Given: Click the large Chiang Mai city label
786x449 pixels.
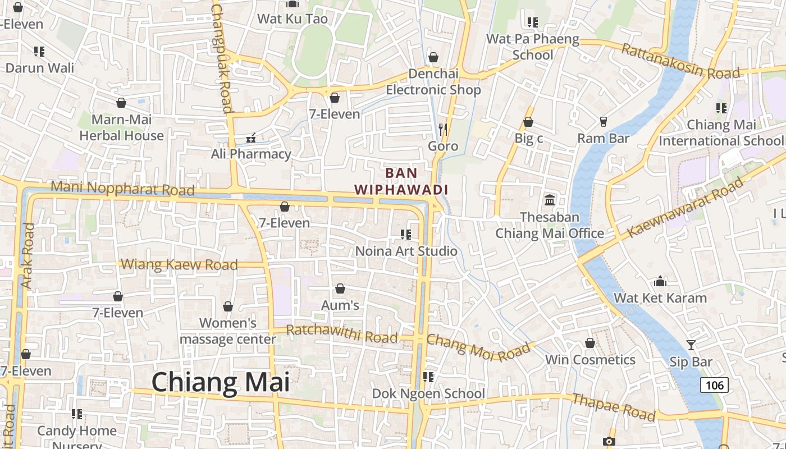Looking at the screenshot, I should [221, 382].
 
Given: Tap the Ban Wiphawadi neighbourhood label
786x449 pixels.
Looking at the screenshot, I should [401, 181].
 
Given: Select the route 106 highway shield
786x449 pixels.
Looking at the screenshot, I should [715, 385].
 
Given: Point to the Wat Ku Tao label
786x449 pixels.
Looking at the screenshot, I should [292, 19].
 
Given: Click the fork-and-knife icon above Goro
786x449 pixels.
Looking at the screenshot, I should [443, 130].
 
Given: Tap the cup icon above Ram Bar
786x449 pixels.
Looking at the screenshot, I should [604, 121].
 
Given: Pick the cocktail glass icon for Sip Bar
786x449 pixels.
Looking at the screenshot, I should [691, 345].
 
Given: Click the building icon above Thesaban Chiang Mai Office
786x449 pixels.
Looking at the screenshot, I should [550, 200].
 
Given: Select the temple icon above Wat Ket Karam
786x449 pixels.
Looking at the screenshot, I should [660, 281].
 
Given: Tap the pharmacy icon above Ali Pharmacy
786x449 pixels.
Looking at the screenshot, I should [251, 138].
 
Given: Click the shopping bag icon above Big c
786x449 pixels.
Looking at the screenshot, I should [528, 122].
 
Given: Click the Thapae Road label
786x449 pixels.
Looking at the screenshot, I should [613, 407].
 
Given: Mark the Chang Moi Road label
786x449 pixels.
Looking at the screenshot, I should [478, 348].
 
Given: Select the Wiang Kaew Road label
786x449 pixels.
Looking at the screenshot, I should [179, 264].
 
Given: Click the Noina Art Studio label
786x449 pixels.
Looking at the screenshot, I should [406, 251].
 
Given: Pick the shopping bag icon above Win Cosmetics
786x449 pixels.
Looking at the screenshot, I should [590, 343].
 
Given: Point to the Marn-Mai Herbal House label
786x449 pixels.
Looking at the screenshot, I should [121, 127].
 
